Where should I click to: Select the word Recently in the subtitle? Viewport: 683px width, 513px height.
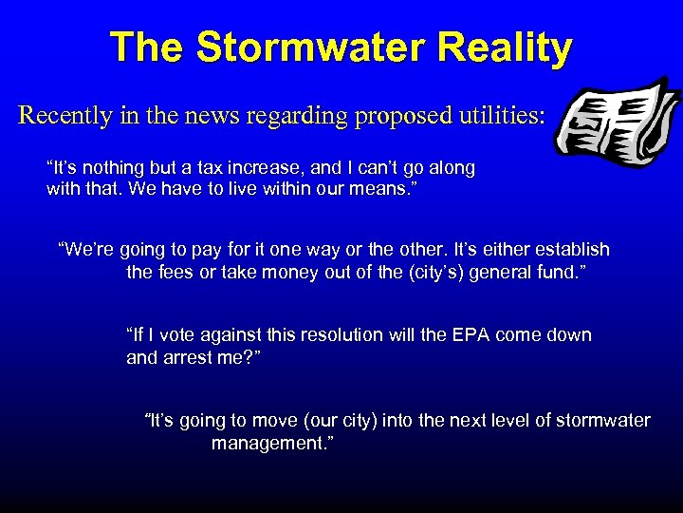click(x=67, y=116)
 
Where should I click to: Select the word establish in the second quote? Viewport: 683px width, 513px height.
click(x=573, y=250)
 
